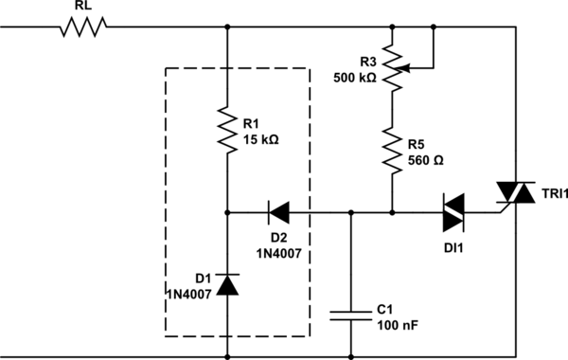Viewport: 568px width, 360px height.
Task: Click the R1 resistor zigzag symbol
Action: pyautogui.click(x=228, y=130)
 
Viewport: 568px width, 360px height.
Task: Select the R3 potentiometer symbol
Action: pyautogui.click(x=390, y=68)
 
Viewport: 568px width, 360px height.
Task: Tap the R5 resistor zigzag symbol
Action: pyautogui.click(x=390, y=150)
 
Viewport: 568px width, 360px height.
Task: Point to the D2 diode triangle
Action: pyautogui.click(x=280, y=211)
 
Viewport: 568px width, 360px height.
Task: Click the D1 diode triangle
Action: pyautogui.click(x=228, y=283)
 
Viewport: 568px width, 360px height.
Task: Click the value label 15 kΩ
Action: pyautogui.click(x=262, y=139)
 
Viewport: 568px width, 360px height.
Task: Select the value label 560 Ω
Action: pyautogui.click(x=426, y=161)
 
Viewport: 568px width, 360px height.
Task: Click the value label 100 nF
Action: pyautogui.click(x=397, y=326)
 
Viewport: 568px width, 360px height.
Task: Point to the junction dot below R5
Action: pyautogui.click(x=390, y=211)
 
